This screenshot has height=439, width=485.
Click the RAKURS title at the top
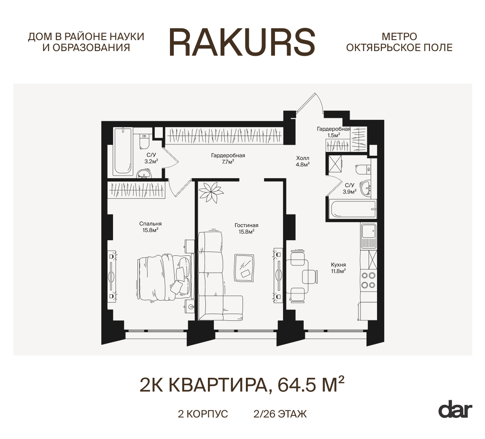click(242, 42)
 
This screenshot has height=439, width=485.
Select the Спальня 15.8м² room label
click(150, 227)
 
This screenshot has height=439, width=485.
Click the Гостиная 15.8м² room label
click(246, 228)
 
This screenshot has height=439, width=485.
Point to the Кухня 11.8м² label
click(338, 268)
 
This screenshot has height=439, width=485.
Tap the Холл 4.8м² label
click(303, 161)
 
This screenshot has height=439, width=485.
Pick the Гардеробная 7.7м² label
click(228, 158)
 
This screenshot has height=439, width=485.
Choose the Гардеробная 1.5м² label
click(334, 132)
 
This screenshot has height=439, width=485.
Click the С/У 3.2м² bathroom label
click(151, 158)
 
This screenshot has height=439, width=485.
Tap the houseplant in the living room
click(211, 192)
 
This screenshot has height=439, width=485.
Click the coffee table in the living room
click(244, 268)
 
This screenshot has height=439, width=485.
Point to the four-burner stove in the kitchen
click(369, 280)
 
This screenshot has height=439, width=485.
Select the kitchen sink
click(369, 231)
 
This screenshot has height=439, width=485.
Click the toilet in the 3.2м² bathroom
click(145, 141)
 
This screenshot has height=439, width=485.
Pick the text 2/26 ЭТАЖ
click(280, 414)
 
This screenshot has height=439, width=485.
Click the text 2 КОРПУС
click(203, 414)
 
